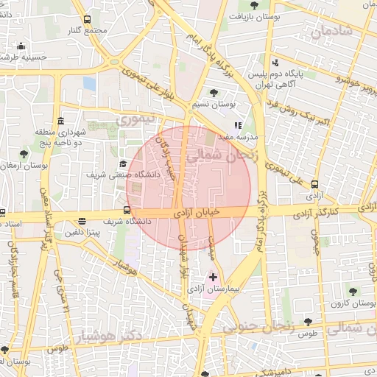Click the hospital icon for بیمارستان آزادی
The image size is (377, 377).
click(x=214, y=277)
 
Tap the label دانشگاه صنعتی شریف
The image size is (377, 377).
click(x=94, y=175)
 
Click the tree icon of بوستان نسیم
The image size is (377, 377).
click(x=214, y=93)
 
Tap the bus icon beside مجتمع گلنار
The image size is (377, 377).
click(x=88, y=20)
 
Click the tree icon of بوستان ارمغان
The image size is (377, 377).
click(x=24, y=155)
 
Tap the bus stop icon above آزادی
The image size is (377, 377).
click(x=315, y=185)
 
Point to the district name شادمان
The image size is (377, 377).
click(x=331, y=32)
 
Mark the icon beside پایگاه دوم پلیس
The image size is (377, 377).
click(x=275, y=63)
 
